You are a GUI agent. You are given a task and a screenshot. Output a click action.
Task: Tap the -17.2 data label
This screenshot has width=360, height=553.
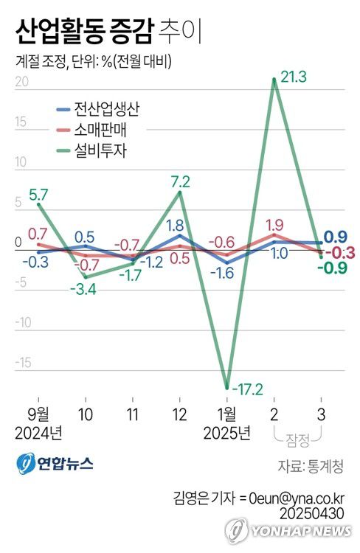248,388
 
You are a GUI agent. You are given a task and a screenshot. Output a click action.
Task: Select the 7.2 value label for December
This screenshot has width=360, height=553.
181,181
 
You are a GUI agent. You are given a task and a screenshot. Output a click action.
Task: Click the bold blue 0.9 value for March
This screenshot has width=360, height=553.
336,237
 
